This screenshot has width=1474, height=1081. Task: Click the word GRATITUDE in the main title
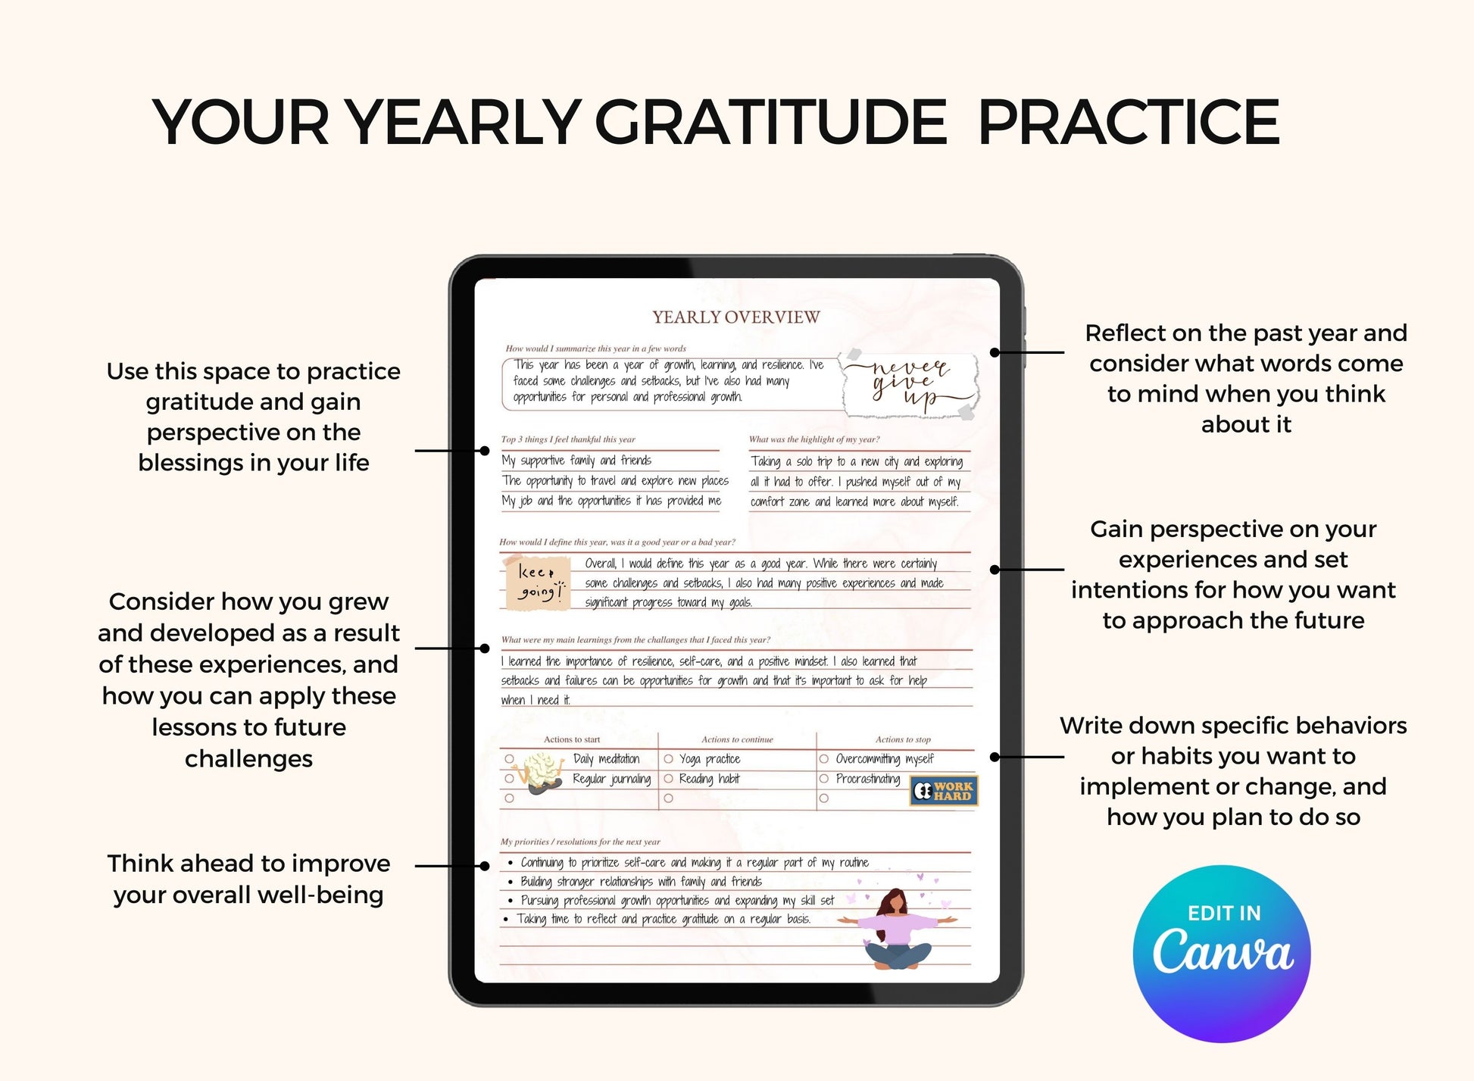[x=770, y=122]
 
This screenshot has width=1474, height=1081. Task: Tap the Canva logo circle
[x=1222, y=954]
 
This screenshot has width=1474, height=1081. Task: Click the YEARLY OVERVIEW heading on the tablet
[x=736, y=317]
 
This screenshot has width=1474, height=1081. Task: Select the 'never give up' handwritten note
[x=910, y=384]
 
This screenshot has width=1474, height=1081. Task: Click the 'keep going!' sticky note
[x=538, y=583]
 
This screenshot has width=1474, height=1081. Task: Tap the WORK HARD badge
[x=944, y=791]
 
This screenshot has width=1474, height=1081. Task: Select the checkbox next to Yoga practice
[x=669, y=759]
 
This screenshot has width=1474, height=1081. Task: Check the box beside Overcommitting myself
[x=824, y=759]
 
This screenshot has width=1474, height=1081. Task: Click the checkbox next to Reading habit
[x=669, y=779]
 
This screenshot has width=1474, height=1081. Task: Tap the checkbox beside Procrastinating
[x=824, y=779]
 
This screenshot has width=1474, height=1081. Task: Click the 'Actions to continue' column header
[x=737, y=739]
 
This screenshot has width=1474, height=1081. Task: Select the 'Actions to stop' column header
[x=903, y=739]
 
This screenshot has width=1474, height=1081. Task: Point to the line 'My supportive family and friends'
[x=576, y=461]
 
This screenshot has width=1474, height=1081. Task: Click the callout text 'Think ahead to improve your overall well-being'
[x=248, y=879]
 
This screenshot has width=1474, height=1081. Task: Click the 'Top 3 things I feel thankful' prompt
[x=568, y=439]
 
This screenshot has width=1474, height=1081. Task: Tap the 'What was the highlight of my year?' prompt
[x=814, y=439]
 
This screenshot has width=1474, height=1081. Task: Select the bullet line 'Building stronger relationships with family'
[x=641, y=882]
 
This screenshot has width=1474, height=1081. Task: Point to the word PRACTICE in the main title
[x=1129, y=122]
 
